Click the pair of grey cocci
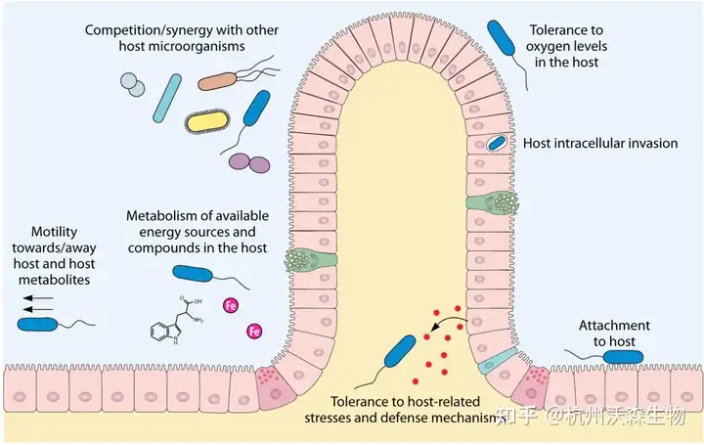(x=131, y=85)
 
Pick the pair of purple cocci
(x=250, y=163)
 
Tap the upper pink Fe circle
(x=232, y=305)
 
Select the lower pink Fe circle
(x=254, y=332)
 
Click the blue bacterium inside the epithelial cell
(x=498, y=144)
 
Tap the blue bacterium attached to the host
(x=623, y=357)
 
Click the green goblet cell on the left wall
(x=311, y=261)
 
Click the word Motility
(x=53, y=232)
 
